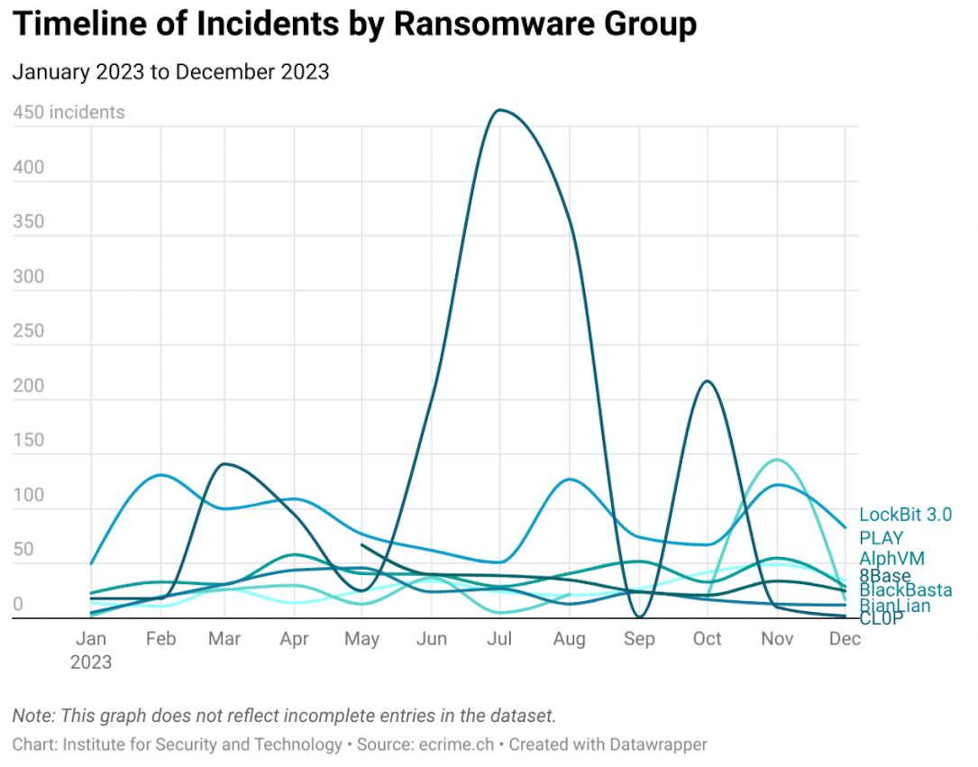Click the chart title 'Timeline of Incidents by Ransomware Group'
(354, 24)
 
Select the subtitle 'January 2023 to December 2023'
(170, 72)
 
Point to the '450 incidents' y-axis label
(69, 113)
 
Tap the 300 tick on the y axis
(28, 276)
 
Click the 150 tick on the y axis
(28, 440)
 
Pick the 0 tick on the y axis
(17, 604)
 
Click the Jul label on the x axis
(499, 639)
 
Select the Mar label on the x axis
(224, 639)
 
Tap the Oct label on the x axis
(707, 639)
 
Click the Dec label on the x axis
(845, 639)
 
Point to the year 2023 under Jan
(91, 662)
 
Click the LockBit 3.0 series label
(905, 515)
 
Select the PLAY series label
(881, 538)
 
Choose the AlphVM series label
(891, 559)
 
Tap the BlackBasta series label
(905, 590)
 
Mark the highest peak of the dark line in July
(499, 110)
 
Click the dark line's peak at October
(708, 381)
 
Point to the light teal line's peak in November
(776, 460)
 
